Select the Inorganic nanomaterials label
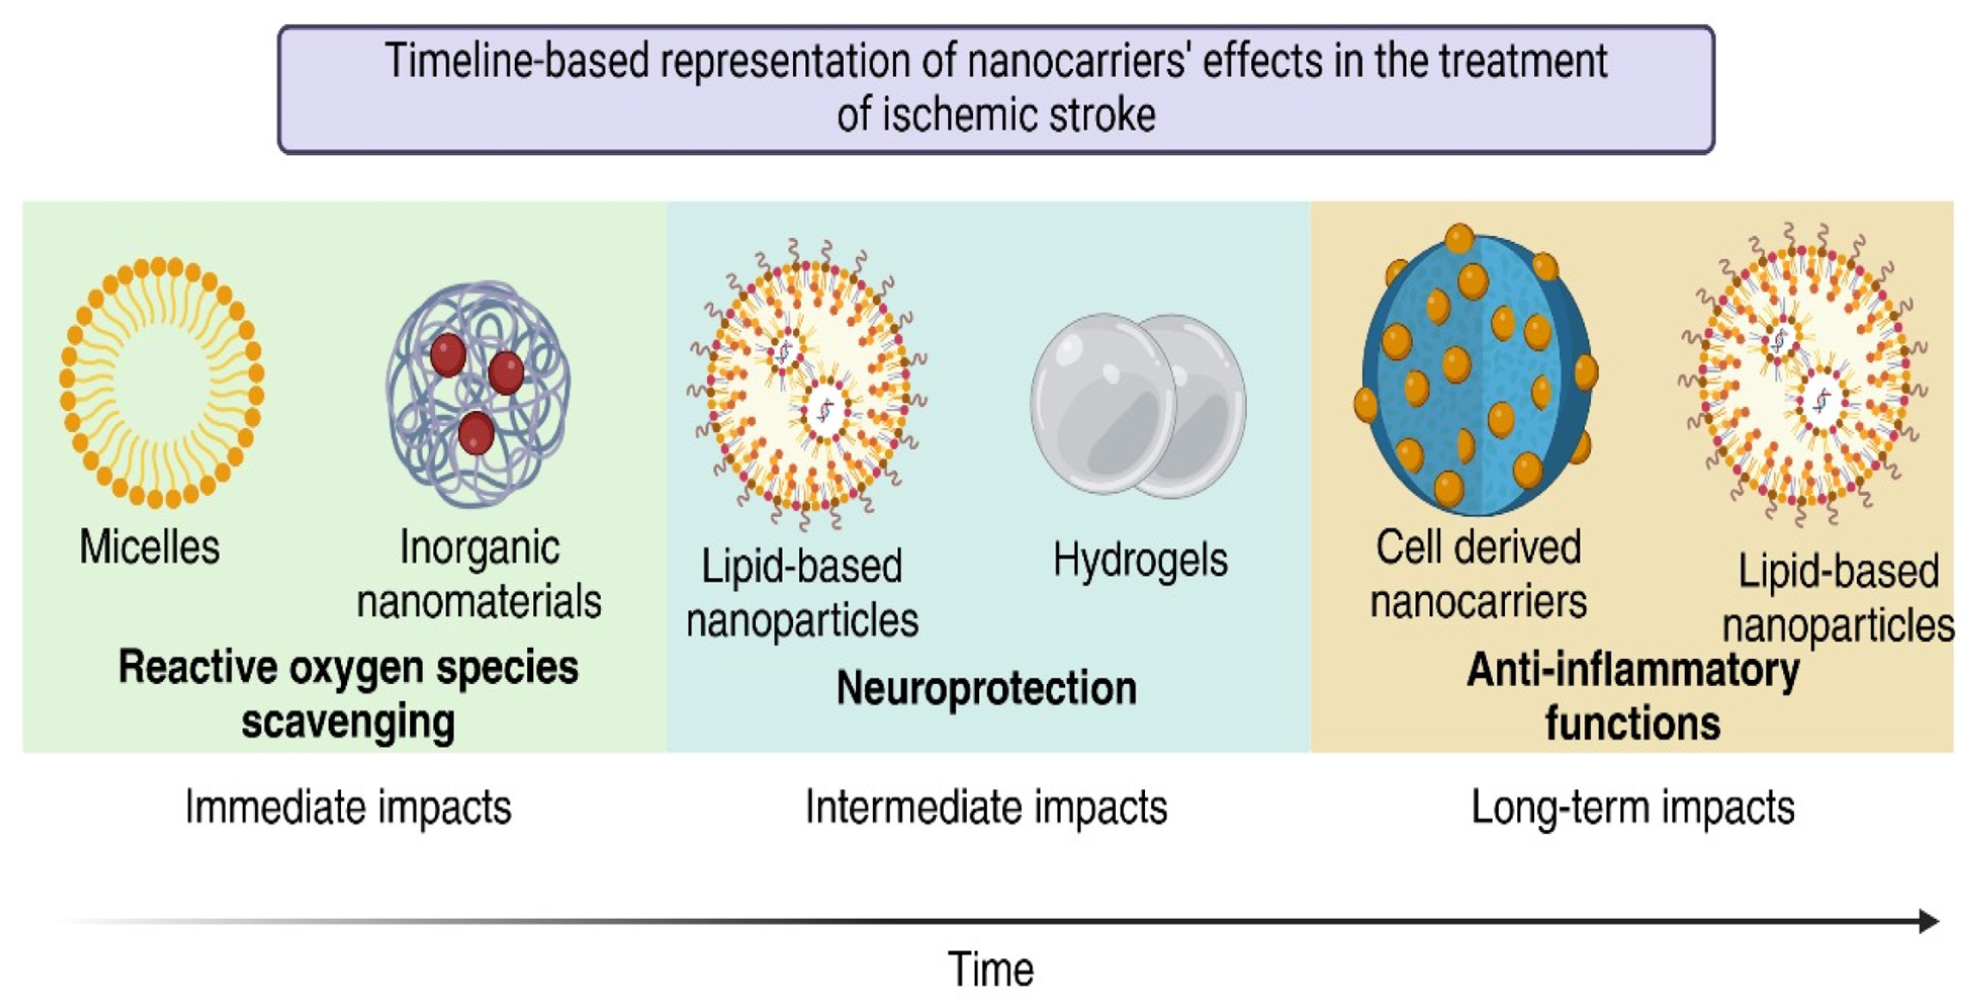point(479,575)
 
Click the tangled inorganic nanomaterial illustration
point(479,395)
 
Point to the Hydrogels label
point(1140,560)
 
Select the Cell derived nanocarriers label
point(1478,575)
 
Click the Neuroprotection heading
point(987,688)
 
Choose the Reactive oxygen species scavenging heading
point(348,694)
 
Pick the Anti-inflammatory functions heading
point(1633,695)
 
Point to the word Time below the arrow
point(990,969)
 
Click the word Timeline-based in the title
point(517,61)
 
